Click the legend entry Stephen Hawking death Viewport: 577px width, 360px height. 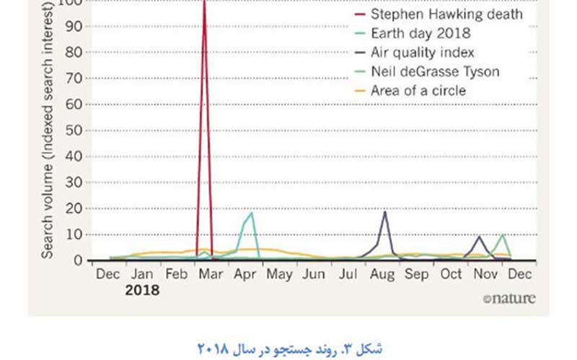(446, 14)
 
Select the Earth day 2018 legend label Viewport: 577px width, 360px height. (420, 33)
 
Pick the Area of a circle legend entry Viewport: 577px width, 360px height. (418, 91)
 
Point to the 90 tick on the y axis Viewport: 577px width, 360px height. (74, 27)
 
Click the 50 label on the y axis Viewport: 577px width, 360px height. (74, 131)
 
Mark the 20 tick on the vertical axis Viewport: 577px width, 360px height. (74, 208)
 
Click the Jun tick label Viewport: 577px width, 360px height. (314, 275)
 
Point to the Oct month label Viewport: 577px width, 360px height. (452, 275)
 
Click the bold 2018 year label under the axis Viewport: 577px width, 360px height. (142, 291)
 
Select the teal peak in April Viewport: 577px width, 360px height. (251, 212)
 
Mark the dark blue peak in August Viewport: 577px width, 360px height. (385, 211)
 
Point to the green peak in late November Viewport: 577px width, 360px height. (502, 234)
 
